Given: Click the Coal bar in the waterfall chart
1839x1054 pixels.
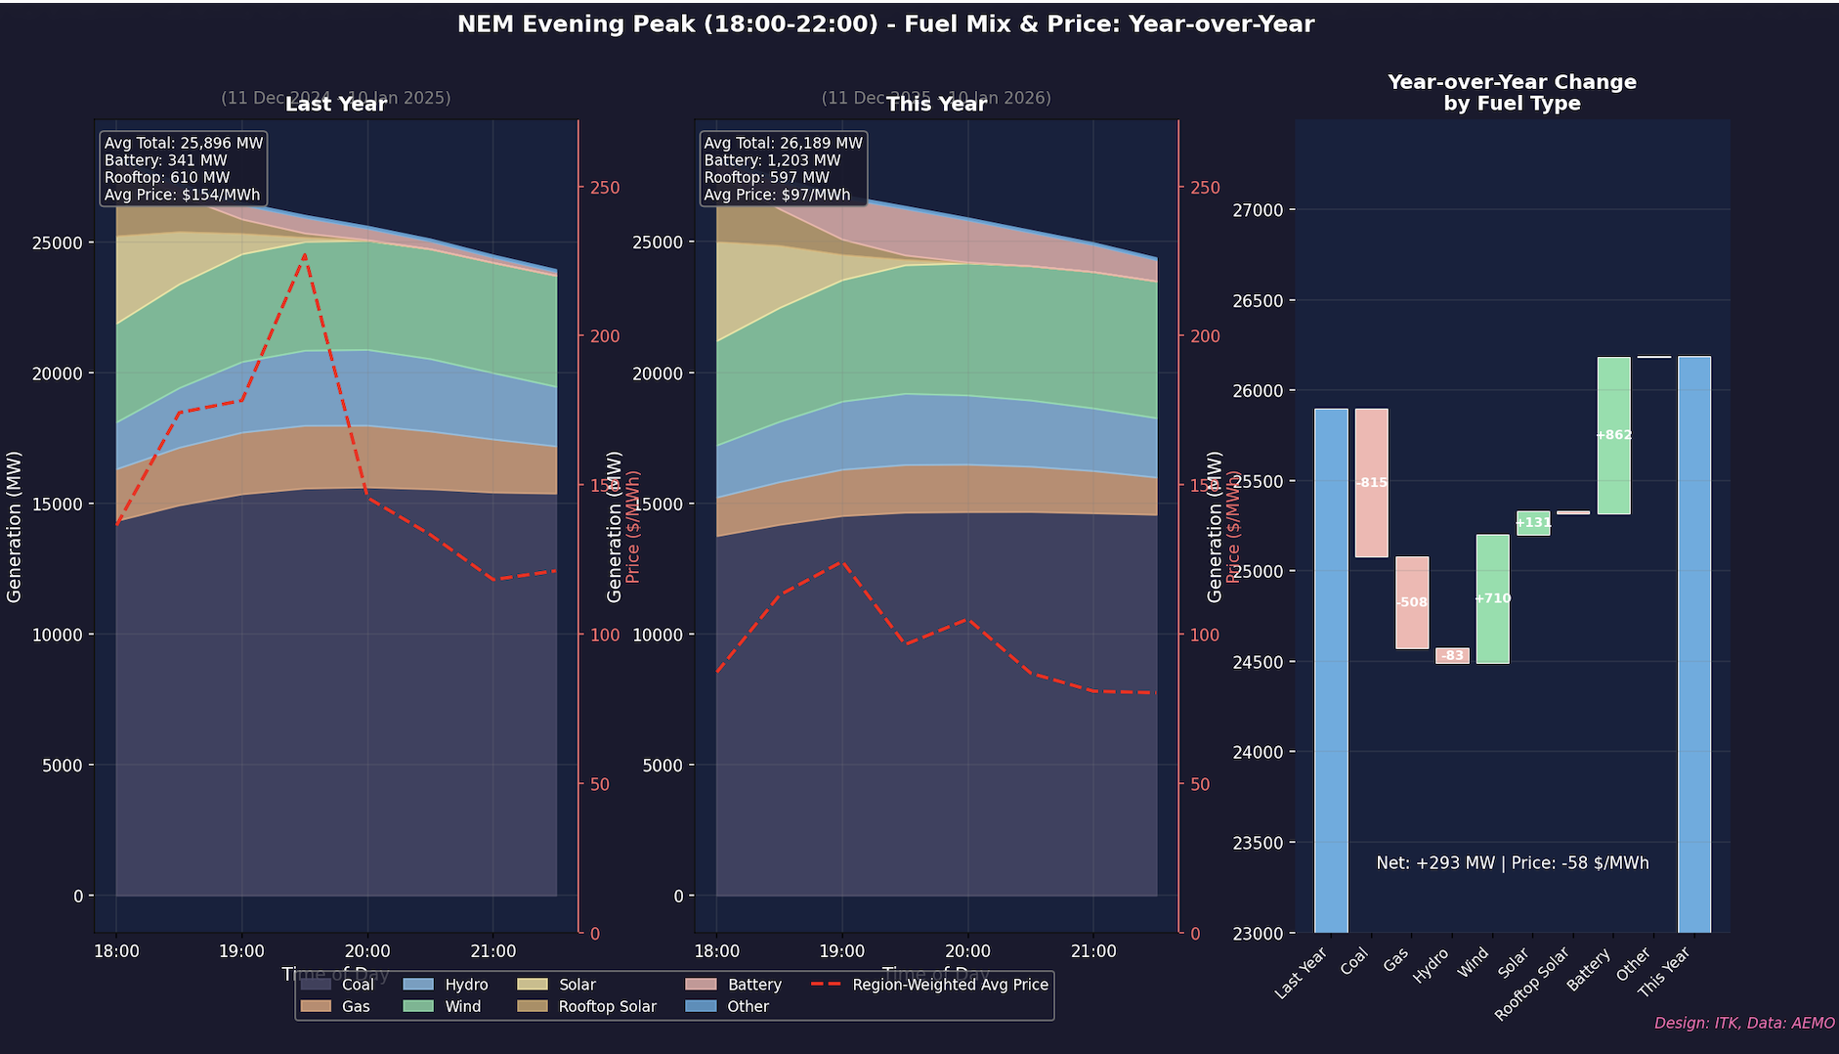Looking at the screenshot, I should [x=1371, y=483].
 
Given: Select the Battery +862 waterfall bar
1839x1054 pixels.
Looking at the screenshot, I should [x=1613, y=435].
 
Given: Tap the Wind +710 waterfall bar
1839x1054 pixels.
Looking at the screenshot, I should [x=1492, y=598].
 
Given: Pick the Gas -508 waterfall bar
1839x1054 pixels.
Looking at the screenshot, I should [x=1412, y=602].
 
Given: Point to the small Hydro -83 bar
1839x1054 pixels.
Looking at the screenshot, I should [x=1452, y=656].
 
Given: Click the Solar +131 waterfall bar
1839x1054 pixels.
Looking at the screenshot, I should [x=1533, y=523].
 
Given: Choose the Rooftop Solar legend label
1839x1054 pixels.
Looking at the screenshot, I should [x=607, y=1006].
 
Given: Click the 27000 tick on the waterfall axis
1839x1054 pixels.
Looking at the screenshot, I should [x=1268, y=210].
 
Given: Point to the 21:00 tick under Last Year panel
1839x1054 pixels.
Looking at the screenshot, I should [x=492, y=951].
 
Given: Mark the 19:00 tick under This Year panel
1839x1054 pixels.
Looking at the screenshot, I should [x=842, y=951].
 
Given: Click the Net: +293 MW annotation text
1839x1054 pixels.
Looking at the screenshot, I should [x=1512, y=863].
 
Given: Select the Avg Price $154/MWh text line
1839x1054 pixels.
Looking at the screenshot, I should [x=183, y=195].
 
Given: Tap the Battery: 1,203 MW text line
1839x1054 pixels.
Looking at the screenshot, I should [x=772, y=160].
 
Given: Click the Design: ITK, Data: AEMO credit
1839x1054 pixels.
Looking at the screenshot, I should [x=1744, y=1023].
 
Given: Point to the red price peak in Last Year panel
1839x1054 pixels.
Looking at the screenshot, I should [x=305, y=254].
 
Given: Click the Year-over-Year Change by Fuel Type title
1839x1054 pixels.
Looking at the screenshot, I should [x=1512, y=93].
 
